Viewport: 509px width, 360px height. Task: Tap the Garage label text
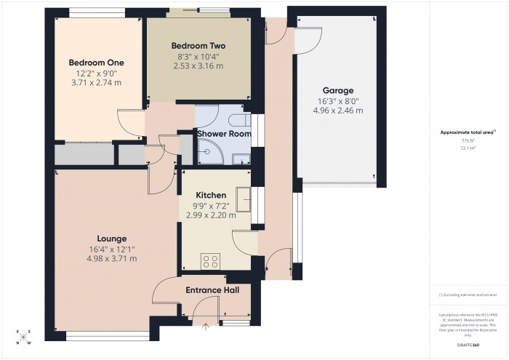339,90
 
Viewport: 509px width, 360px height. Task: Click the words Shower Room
224,134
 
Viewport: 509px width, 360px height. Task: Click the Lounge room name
112,238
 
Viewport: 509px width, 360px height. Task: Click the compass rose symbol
24,337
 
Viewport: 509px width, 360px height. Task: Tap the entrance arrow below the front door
206,327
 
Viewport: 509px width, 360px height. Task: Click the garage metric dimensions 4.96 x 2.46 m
339,111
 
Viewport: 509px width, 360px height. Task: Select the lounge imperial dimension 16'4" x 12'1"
112,249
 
